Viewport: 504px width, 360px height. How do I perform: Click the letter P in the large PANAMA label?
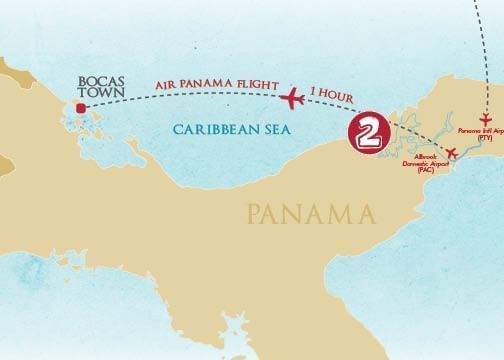(250, 213)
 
